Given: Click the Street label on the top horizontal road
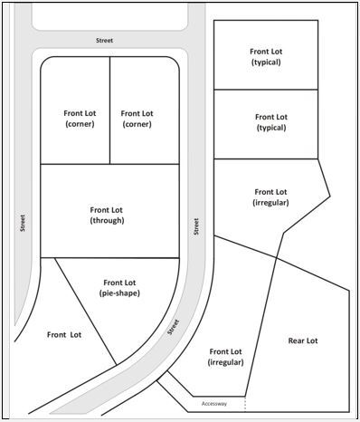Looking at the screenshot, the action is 104,40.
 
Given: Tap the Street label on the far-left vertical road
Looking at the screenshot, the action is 23,223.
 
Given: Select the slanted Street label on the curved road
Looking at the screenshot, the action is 173,327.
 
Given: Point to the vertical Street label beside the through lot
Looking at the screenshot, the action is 196,226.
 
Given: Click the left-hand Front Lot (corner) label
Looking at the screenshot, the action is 80,119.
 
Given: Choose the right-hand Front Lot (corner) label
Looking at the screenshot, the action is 137,119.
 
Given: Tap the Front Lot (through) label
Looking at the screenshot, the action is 107,215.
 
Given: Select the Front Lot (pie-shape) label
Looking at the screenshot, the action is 119,288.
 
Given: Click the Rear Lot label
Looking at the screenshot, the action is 303,340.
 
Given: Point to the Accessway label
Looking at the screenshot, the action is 214,404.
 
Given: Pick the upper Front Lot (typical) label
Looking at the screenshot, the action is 266,57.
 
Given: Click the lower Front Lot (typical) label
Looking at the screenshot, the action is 271,122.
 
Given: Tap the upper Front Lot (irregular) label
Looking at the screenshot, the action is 270,197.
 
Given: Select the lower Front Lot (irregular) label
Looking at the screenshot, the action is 225,357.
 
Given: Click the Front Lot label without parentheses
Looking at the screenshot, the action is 64,335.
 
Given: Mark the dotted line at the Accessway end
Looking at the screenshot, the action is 245,404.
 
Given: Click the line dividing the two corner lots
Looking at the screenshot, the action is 109,110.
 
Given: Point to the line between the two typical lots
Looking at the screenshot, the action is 266,90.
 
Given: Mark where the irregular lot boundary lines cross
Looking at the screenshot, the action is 277,257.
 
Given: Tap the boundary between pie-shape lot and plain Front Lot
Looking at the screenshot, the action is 86,312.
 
